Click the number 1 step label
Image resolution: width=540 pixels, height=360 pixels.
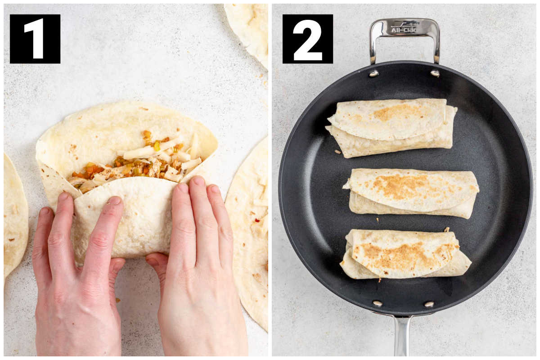pos(35,39)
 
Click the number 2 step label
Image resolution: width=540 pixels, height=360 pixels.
pos(308,39)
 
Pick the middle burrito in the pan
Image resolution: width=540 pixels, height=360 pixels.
pos(411,193)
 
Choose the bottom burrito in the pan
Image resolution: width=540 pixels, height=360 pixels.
pos(405,254)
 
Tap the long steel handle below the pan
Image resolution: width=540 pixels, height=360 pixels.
pos(401,336)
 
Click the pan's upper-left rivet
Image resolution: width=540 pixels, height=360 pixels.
pos(373,73)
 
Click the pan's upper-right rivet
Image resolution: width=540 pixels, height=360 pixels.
pos(435,73)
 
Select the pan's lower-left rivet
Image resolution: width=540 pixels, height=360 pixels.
pos(377,303)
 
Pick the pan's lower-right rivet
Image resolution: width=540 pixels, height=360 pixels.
pos(429,304)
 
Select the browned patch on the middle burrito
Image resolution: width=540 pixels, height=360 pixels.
pos(403,186)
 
